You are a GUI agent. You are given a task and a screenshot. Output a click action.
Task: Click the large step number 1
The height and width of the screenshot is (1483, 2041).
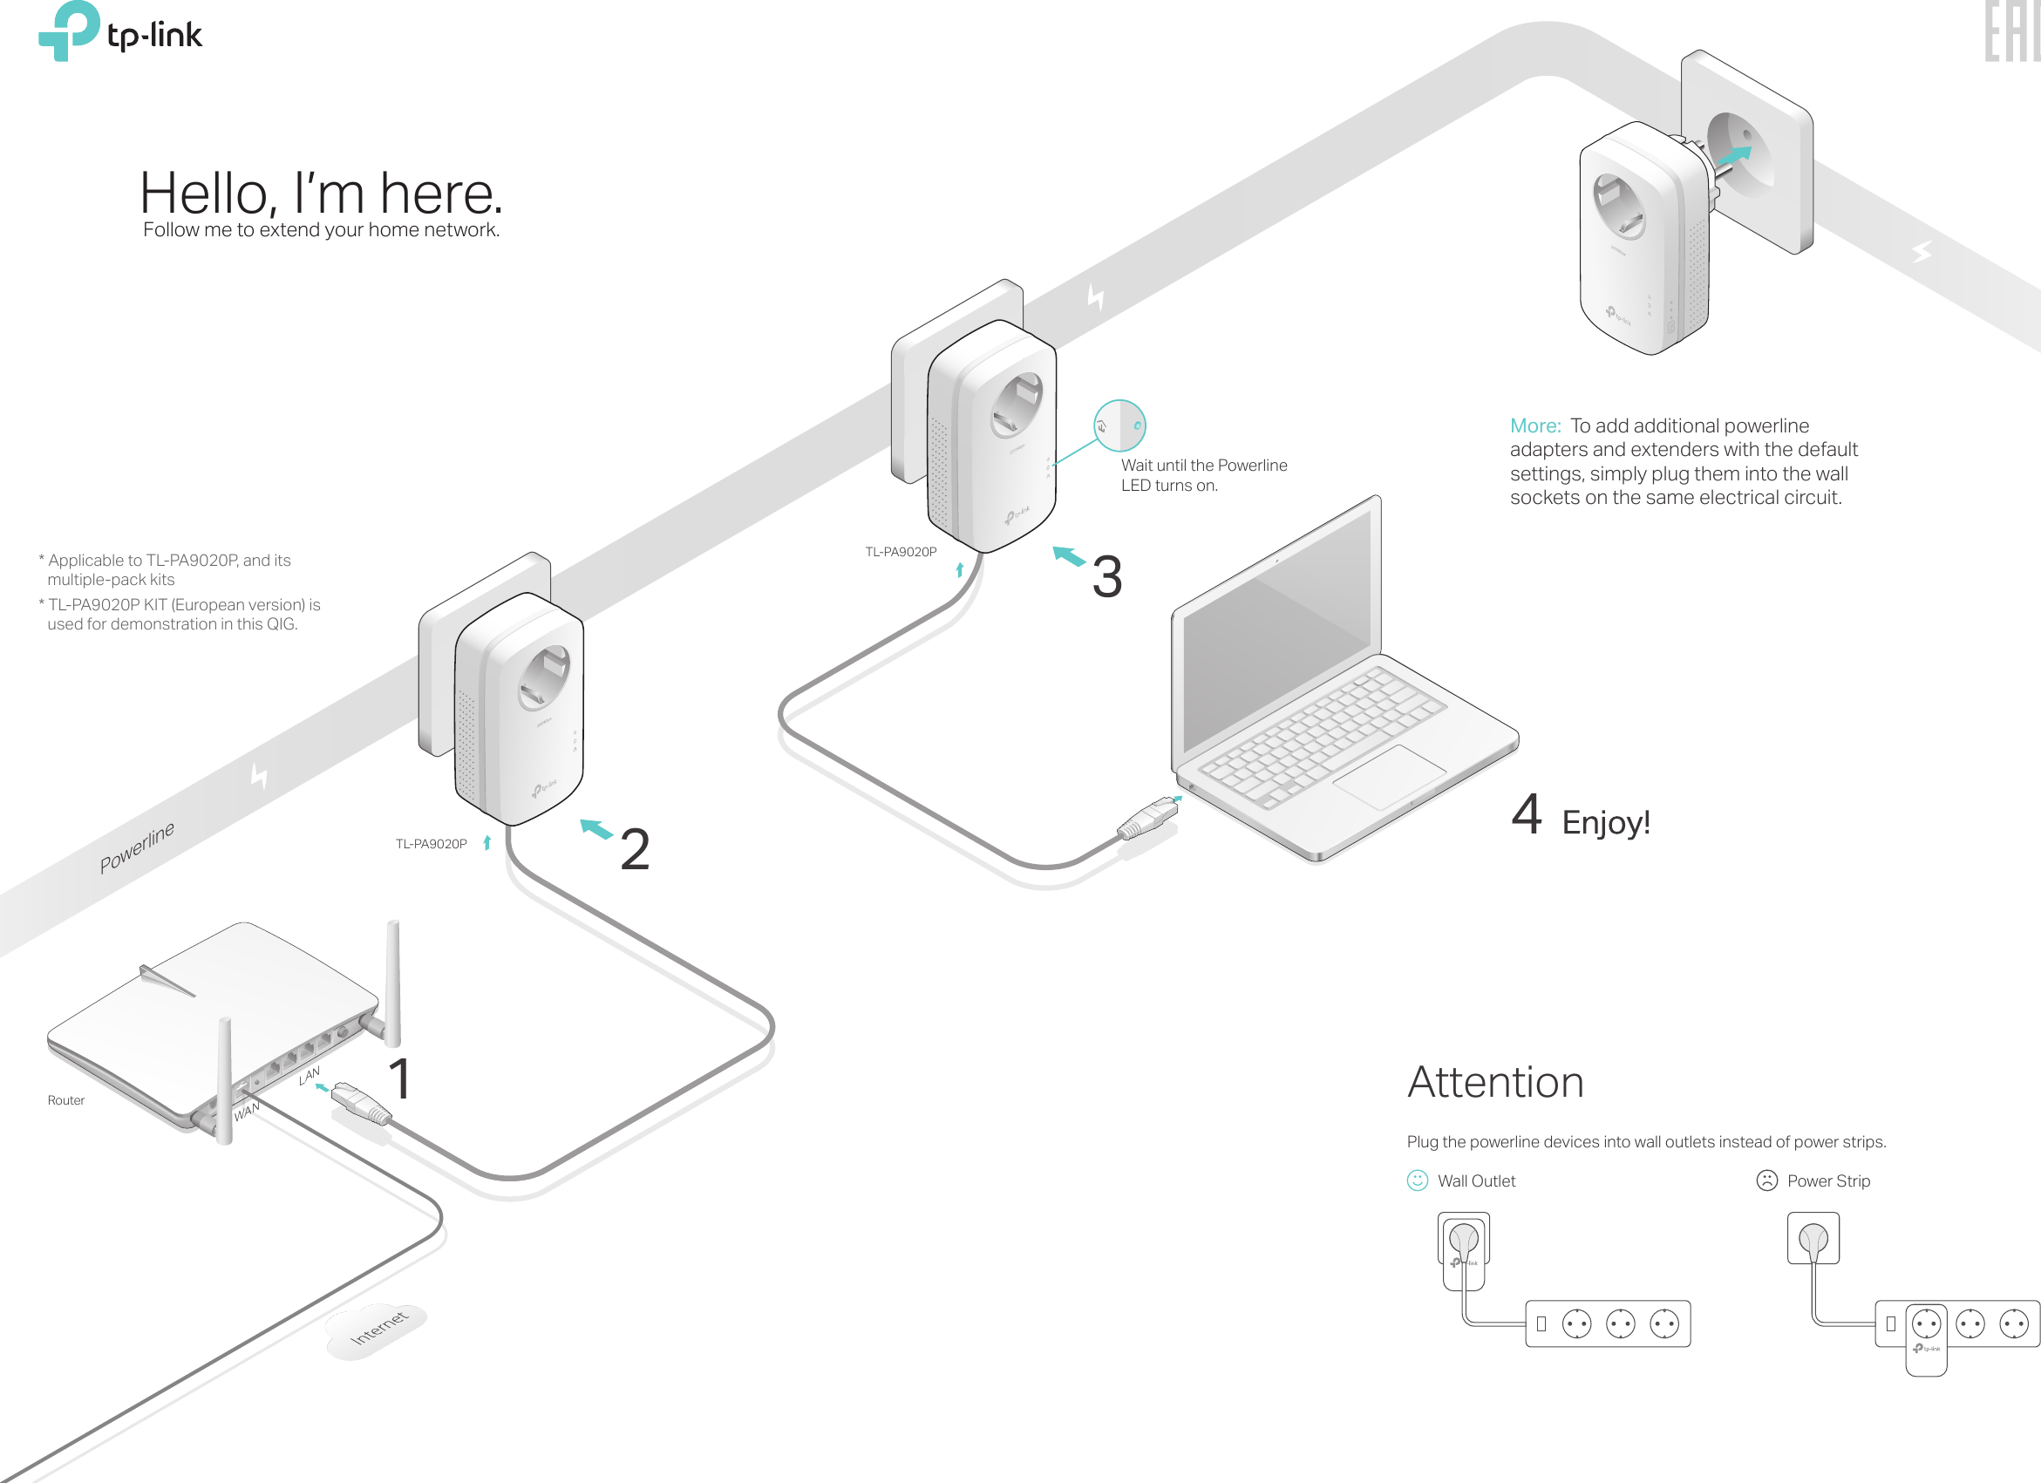tap(399, 1079)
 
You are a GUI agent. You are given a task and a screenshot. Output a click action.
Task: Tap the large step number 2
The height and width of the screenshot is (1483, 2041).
tap(635, 849)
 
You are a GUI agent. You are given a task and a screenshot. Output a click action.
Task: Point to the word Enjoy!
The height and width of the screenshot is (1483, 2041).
tap(1605, 822)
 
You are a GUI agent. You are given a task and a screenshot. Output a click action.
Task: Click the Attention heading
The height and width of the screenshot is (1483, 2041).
tap(1494, 1082)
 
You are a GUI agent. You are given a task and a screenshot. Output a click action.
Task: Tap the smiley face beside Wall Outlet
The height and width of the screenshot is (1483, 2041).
tap(1418, 1180)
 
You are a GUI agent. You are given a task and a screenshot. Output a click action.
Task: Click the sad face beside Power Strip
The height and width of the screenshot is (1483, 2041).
tap(1766, 1180)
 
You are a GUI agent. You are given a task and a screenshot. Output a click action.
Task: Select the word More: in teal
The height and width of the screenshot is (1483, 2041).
tap(1535, 425)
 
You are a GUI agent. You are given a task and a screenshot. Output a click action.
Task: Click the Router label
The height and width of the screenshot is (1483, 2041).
tap(65, 1100)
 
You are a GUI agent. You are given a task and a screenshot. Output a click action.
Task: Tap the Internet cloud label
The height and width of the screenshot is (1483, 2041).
tap(378, 1328)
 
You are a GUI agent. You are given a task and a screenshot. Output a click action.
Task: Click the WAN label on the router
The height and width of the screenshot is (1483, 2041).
tap(246, 1112)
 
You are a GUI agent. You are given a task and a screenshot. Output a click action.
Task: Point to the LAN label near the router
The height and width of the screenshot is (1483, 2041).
tap(309, 1075)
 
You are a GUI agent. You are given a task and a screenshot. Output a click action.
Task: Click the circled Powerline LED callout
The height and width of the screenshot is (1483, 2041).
tap(1119, 425)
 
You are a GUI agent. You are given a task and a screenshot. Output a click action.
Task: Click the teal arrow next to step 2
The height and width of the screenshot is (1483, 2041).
tap(595, 828)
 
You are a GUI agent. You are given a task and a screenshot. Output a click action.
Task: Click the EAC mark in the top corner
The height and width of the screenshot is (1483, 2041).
tap(2010, 31)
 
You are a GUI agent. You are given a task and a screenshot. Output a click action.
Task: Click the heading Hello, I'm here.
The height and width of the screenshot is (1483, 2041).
tap(321, 193)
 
